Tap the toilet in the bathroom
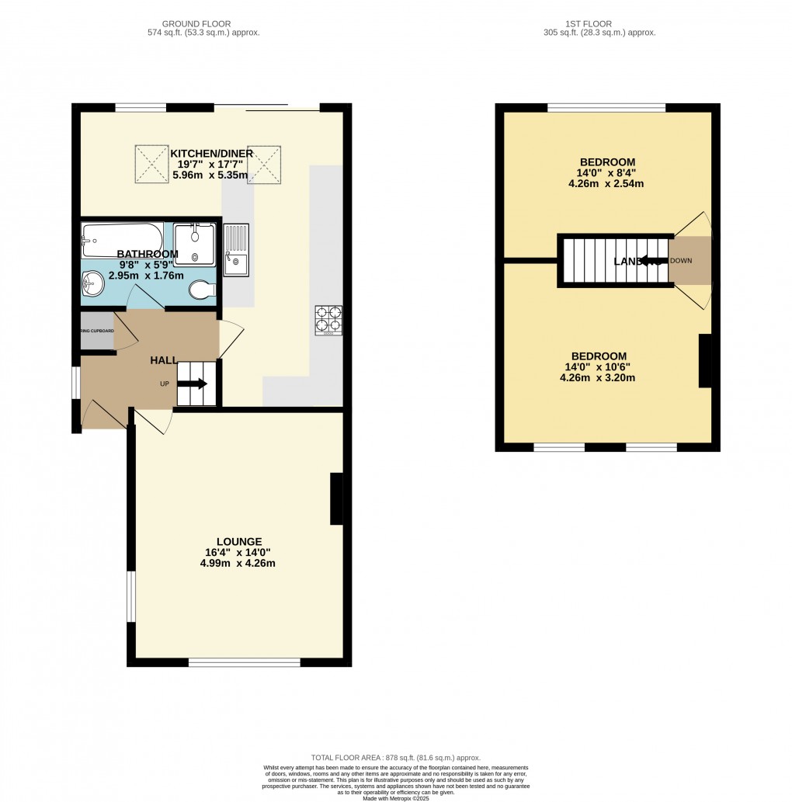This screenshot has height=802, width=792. click(202, 290)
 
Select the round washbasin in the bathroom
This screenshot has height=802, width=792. click(93, 283)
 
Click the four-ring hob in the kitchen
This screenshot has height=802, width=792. click(329, 320)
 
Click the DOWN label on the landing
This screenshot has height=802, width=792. click(681, 261)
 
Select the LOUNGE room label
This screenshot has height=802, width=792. click(239, 542)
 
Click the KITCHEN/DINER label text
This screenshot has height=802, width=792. click(211, 154)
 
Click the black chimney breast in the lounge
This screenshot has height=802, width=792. click(336, 499)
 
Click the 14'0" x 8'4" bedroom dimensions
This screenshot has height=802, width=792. click(606, 173)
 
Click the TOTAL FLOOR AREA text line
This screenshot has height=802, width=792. click(396, 758)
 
